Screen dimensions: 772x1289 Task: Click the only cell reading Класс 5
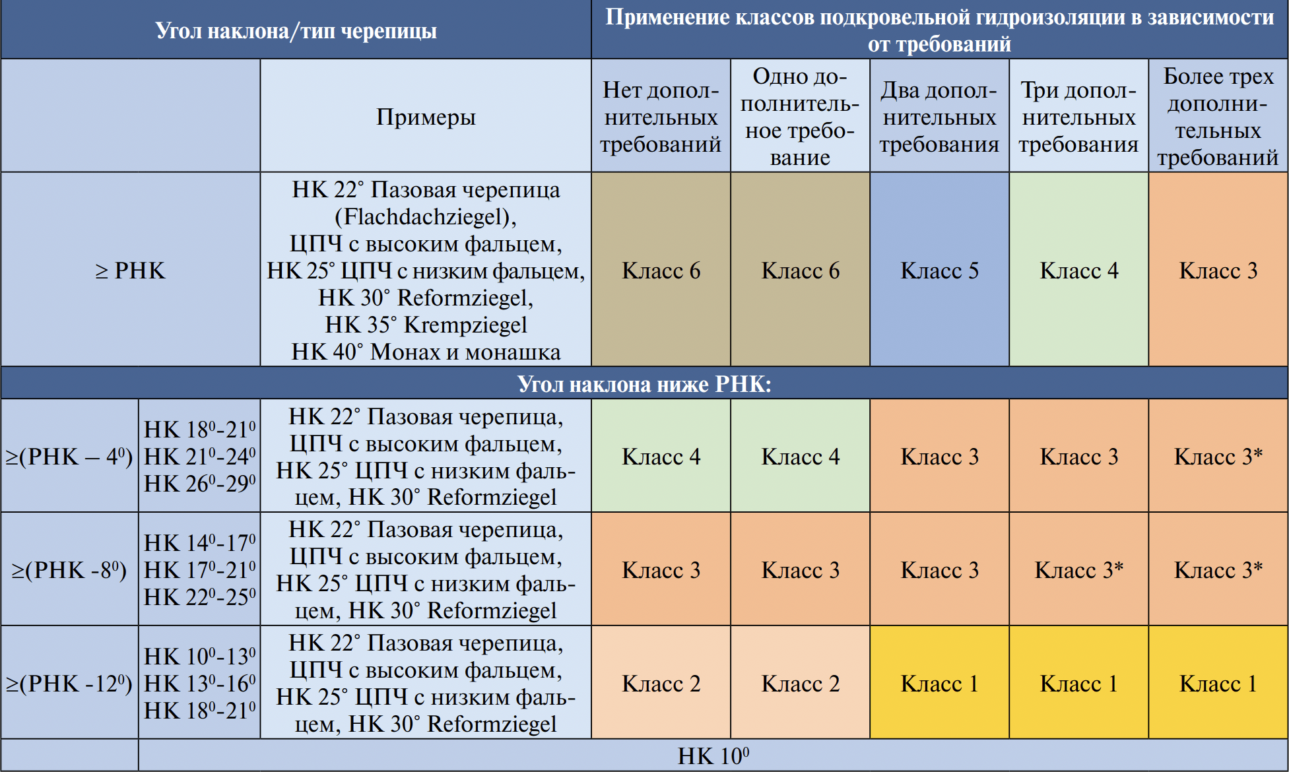point(939,271)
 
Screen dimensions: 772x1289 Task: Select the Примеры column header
point(426,117)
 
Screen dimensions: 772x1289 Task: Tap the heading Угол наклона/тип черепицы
point(296,30)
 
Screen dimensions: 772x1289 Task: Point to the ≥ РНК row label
point(130,271)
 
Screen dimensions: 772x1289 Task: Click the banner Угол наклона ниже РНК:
point(644,384)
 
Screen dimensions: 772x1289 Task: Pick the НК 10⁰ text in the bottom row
point(713,756)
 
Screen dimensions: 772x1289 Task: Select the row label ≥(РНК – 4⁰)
point(69,457)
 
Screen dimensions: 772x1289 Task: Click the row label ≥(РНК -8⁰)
point(69,570)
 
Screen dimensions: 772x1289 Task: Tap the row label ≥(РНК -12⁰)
point(69,684)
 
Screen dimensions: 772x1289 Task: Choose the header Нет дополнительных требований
point(661,117)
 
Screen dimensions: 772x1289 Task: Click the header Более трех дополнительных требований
point(1218,117)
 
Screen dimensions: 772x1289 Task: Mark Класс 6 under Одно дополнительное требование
point(800,271)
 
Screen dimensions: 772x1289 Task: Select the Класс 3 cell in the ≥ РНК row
point(1218,271)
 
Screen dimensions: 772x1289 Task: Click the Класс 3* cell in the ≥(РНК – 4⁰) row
point(1218,457)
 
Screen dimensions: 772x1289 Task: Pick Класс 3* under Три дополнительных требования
point(1078,570)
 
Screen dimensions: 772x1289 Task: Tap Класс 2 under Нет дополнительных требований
point(661,684)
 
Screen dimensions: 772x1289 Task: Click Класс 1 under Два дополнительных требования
point(939,684)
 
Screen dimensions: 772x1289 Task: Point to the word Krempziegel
point(465,325)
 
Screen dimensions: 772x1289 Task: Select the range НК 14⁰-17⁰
point(200,543)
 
